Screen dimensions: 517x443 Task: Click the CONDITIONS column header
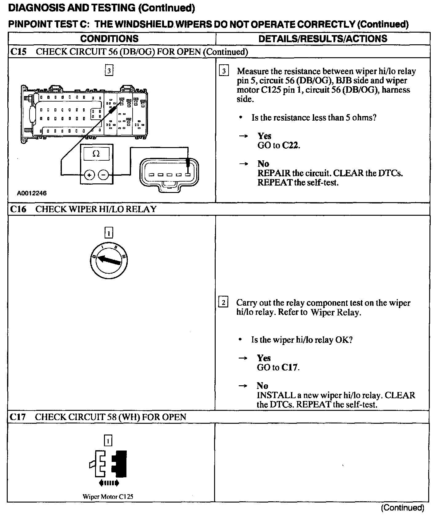coord(109,38)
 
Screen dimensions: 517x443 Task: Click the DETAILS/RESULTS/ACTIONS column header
coord(323,38)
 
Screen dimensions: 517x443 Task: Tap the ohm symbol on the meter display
coord(96,154)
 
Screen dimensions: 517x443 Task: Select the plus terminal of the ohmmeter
coord(89,175)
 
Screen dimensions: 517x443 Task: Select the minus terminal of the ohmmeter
coord(103,175)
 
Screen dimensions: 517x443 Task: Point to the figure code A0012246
coord(32,193)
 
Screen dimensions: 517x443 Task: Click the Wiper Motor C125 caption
coord(108,505)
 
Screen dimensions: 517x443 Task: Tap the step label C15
coord(18,52)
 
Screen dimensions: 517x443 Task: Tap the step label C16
coord(18,209)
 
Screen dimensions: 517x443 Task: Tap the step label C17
coord(18,417)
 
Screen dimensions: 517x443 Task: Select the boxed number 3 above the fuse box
coord(109,71)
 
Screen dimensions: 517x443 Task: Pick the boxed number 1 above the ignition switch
coord(109,233)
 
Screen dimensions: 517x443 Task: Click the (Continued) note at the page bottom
coord(402,507)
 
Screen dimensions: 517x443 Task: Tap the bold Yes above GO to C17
coord(264,358)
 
